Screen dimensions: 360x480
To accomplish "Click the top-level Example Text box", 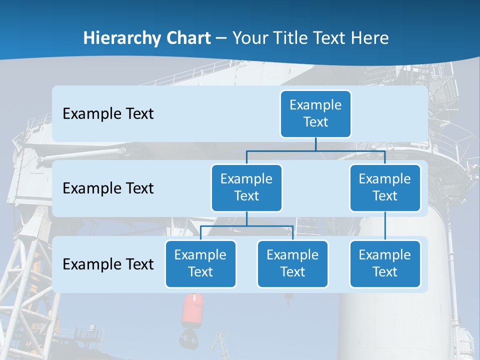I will point(315,114).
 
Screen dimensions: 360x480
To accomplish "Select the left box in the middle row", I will point(246,188).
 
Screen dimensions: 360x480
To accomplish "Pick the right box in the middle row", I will point(385,188).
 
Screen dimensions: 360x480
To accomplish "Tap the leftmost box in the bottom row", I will point(200,264).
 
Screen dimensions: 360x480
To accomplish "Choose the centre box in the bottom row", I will point(292,264).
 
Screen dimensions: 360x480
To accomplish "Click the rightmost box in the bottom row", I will point(385,264).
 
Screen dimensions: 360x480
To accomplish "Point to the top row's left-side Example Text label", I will point(108,114).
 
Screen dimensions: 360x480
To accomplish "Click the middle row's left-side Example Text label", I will point(108,188).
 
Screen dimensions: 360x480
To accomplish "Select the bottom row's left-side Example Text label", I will point(108,264).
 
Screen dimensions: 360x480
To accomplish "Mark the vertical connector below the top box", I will point(315,144).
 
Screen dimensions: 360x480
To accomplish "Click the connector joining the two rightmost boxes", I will point(385,226).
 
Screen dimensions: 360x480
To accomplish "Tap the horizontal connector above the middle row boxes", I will point(315,150).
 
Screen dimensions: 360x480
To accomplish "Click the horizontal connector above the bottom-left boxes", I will point(246,226).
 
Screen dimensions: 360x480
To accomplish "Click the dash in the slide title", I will point(221,38).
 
